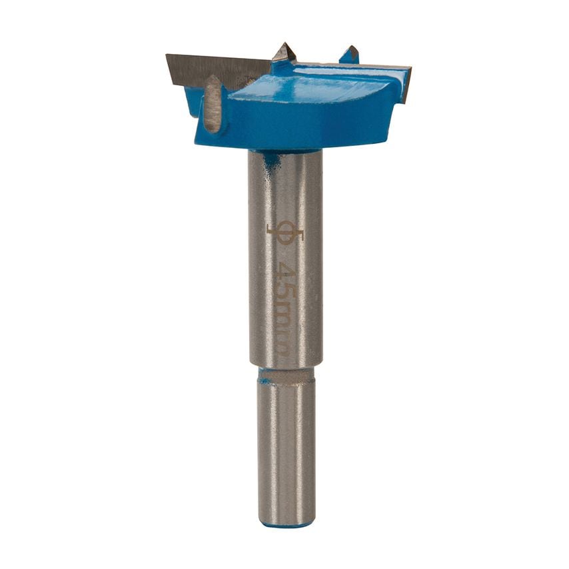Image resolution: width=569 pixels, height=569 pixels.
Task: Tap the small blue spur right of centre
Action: [x=350, y=54]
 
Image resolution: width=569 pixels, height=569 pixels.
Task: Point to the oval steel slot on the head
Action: [x=213, y=105]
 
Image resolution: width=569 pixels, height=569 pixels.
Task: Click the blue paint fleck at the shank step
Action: [x=265, y=380]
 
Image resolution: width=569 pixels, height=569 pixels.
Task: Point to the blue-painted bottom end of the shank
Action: [x=286, y=525]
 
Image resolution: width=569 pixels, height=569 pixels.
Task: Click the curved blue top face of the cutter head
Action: [x=320, y=90]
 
